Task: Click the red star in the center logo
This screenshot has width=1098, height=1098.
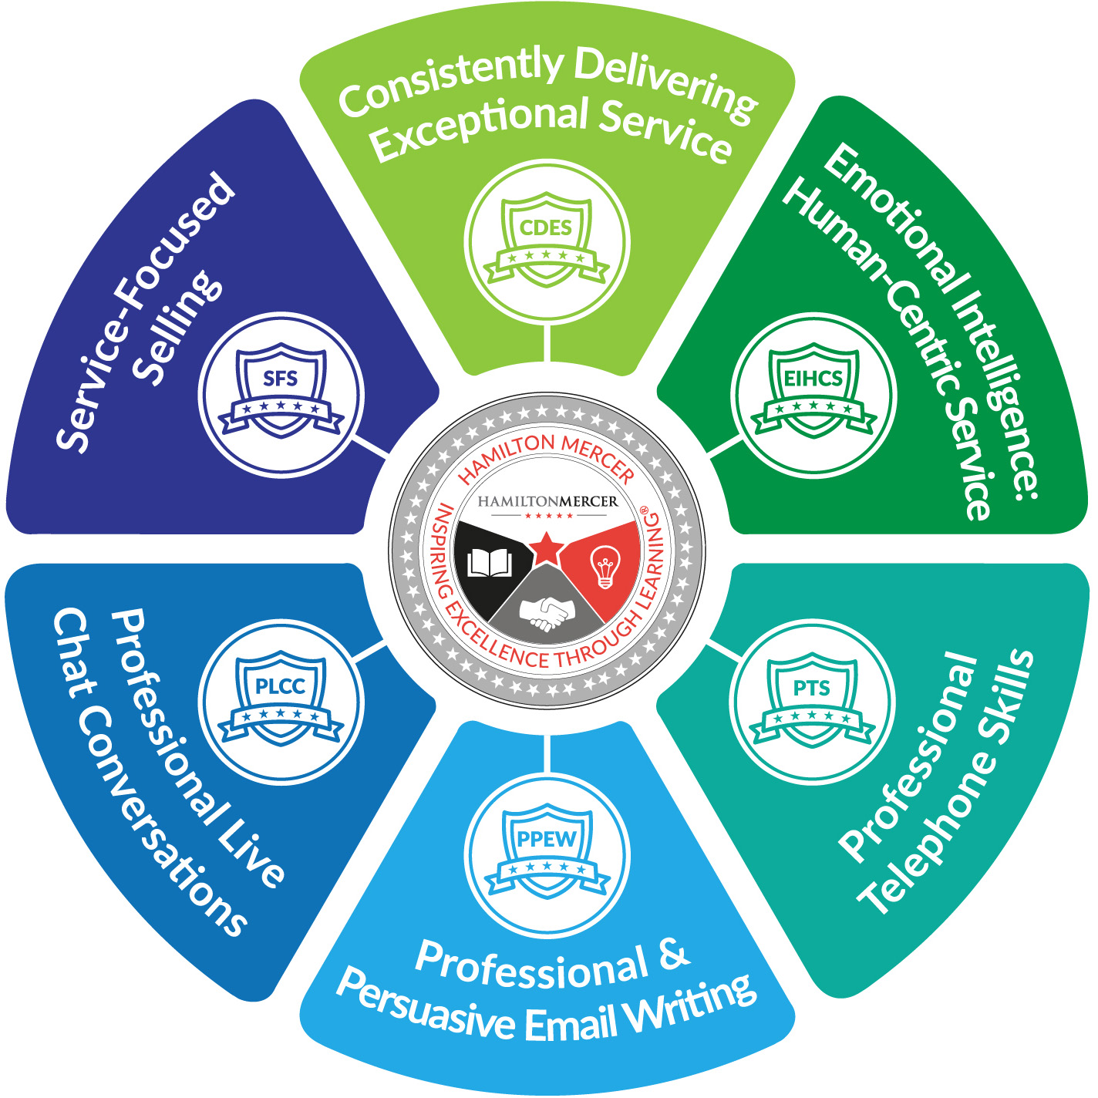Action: tap(547, 548)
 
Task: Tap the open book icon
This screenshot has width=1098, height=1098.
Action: tap(490, 564)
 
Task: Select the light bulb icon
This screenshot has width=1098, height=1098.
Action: tap(605, 567)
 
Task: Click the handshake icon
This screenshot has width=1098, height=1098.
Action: tap(547, 612)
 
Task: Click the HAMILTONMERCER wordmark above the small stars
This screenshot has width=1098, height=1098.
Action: tap(547, 502)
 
